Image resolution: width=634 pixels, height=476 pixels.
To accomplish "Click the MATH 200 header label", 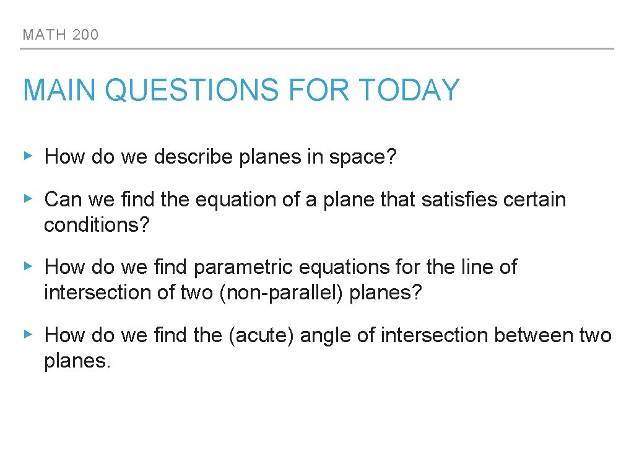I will (61, 35).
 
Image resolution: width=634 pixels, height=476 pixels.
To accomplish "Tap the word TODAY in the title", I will (409, 90).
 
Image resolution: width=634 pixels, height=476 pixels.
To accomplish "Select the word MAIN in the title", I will (60, 90).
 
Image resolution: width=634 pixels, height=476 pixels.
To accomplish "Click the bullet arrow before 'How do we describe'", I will (27, 156).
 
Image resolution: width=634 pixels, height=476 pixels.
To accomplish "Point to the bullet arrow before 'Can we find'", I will (27, 199).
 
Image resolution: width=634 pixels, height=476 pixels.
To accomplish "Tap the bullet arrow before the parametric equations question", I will (27, 267).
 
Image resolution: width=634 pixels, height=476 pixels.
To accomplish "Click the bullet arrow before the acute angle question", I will (27, 335).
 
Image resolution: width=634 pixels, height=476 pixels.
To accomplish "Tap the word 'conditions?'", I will (97, 225).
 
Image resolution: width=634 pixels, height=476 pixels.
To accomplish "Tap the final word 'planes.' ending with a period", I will (77, 361).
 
